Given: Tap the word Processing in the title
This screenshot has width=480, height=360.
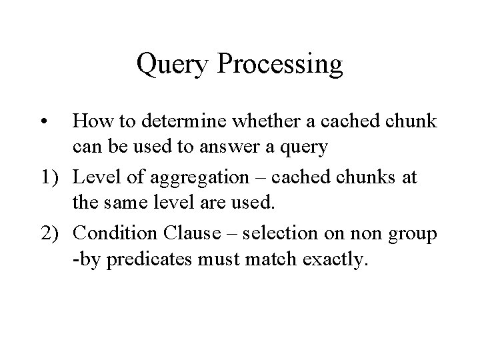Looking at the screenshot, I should coord(281,65).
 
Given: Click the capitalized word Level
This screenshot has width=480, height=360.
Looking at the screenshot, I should coord(94,177).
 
